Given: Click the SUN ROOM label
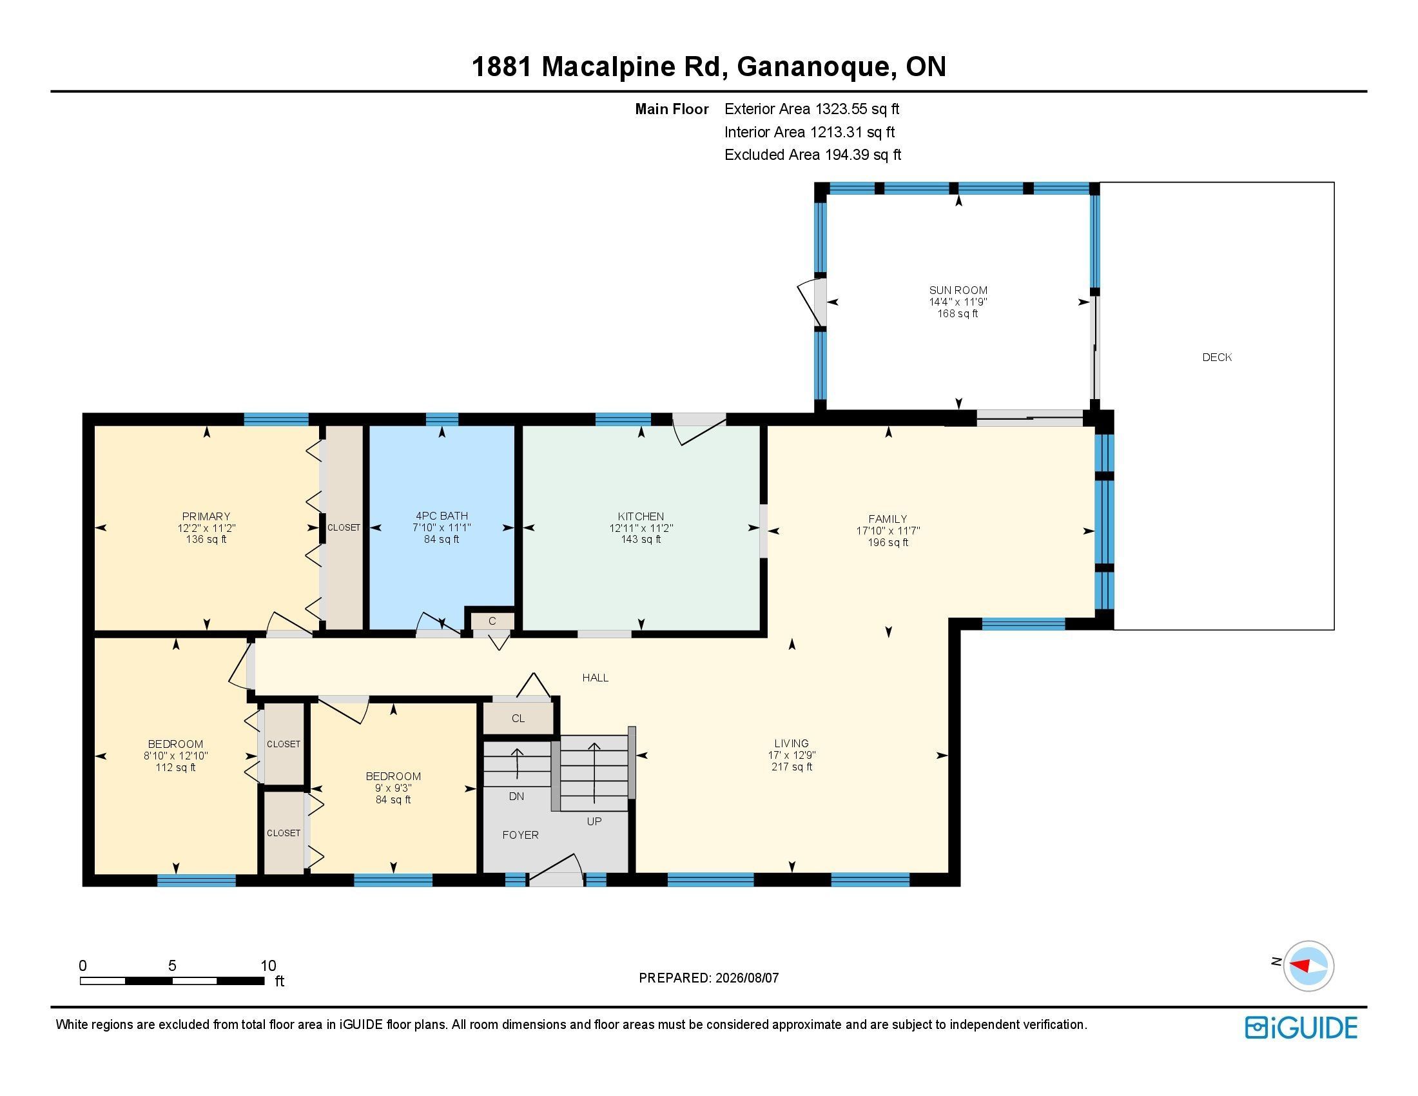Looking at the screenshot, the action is (958, 290).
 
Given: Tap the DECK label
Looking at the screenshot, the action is (1217, 357).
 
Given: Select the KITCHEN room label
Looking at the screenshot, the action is (641, 517).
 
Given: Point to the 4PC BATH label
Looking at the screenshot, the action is (442, 517).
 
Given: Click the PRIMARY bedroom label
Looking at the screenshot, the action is (206, 517).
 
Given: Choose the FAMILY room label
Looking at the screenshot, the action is (888, 519).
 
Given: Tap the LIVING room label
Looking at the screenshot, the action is (792, 743).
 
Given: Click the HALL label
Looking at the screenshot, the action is (596, 678).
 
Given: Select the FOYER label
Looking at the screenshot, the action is (520, 835).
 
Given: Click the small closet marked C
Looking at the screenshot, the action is (492, 621).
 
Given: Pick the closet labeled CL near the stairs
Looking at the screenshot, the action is (518, 718).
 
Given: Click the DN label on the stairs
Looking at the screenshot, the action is (516, 797).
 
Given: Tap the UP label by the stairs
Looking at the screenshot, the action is (594, 821).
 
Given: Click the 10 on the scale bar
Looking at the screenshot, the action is (268, 966).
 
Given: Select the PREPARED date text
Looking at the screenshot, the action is (708, 978).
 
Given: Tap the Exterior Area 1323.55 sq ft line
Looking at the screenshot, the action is (811, 109).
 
